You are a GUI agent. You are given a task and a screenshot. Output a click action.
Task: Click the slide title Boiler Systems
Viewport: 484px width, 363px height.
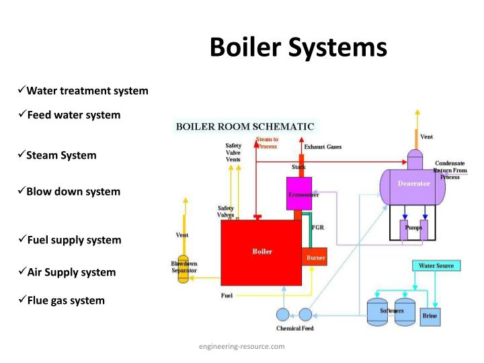tap(298, 48)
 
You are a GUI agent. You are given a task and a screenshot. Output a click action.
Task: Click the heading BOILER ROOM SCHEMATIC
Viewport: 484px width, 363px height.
tap(245, 126)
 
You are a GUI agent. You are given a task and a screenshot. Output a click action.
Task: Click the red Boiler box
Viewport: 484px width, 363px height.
tap(262, 252)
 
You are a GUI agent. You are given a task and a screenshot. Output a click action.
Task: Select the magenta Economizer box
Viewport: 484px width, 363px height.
tap(299, 194)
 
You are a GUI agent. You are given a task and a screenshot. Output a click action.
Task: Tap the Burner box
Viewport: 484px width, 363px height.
tap(315, 257)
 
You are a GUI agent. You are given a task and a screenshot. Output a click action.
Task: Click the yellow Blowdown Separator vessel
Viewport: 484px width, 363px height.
tap(182, 269)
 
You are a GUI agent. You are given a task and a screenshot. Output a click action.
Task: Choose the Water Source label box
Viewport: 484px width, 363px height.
tap(436, 266)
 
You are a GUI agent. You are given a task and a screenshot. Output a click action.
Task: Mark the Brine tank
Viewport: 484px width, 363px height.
tap(430, 315)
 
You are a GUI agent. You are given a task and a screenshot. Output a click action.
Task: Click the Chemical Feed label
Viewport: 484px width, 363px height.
tap(294, 329)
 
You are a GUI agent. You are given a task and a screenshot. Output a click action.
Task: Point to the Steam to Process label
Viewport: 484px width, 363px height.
tap(267, 143)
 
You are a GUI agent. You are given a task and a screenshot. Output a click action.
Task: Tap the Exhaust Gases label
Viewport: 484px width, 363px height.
tap(323, 147)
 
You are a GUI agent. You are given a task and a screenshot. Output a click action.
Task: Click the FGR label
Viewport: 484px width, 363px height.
tap(318, 227)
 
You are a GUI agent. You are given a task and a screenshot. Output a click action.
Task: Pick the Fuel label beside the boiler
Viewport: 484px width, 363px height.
tap(227, 296)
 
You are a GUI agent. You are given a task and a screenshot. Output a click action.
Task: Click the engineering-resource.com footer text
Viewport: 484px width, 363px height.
tap(241, 346)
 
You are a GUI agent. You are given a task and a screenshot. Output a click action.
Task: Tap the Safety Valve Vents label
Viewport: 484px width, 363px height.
tap(233, 153)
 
